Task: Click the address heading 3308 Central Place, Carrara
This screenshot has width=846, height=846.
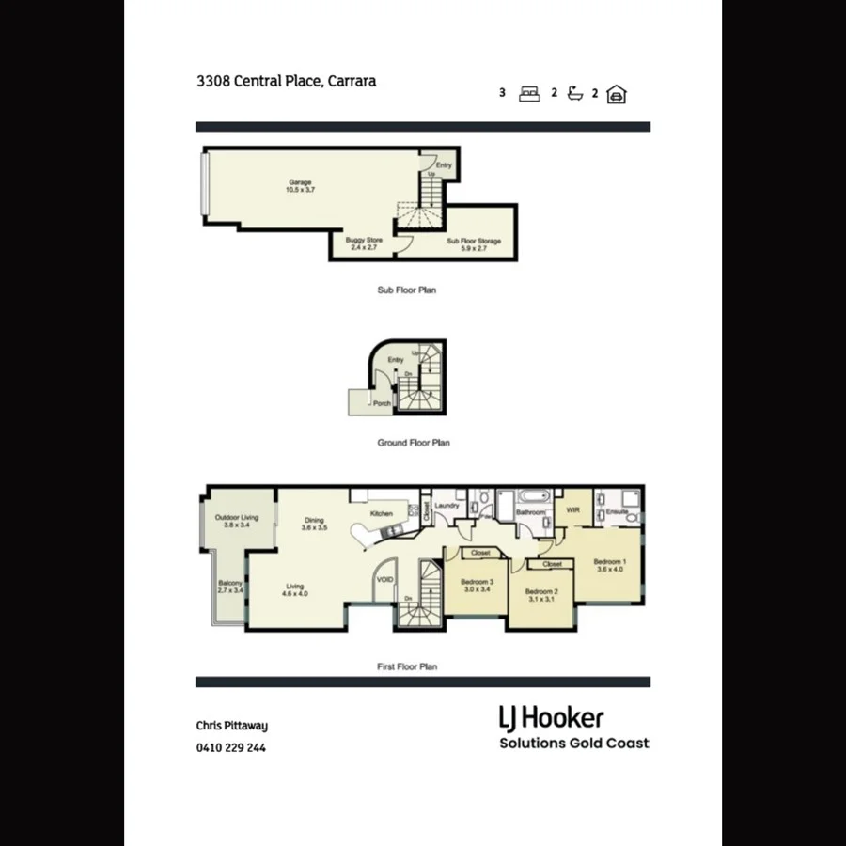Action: click(286, 82)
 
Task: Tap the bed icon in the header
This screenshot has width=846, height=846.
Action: click(529, 94)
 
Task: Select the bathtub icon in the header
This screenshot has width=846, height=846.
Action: click(575, 93)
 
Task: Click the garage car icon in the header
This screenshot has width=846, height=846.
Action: click(617, 94)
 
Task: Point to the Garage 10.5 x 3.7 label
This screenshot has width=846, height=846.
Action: click(299, 186)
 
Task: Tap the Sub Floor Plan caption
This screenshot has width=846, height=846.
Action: click(406, 290)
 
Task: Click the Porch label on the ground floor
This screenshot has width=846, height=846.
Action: click(383, 404)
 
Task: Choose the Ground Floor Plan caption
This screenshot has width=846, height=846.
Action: click(414, 443)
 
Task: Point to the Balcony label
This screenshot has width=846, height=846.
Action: click(230, 587)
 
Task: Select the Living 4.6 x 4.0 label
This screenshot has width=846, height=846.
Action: click(295, 590)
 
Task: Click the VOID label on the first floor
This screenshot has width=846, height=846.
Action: click(385, 580)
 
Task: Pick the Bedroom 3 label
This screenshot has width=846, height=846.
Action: click(478, 586)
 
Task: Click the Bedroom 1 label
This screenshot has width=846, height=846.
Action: click(609, 566)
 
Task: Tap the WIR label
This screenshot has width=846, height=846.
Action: click(572, 510)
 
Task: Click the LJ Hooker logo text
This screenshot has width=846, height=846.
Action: click(551, 719)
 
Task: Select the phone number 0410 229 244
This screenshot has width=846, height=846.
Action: click(231, 749)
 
